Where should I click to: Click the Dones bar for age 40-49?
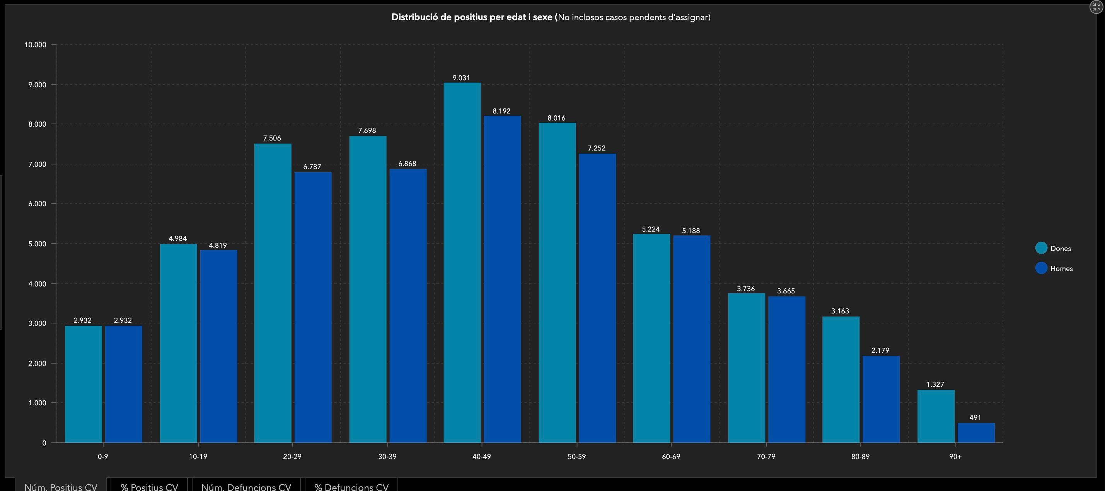462,262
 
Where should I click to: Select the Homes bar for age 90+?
976,433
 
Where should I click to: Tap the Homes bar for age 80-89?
881,399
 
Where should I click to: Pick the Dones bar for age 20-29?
273,293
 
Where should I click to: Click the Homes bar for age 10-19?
218,346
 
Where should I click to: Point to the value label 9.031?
461,78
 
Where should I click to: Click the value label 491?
975,417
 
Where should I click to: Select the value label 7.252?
597,148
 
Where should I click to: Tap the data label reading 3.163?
840,311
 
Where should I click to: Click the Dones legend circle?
1041,248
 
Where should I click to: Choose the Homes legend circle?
1041,268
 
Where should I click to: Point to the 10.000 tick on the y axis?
35,44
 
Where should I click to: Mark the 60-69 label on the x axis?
671,457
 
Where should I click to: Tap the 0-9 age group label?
103,457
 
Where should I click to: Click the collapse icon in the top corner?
1096,7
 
